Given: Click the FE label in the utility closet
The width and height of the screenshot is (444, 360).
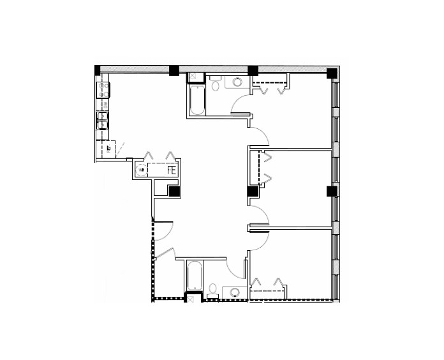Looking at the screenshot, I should pos(171,170).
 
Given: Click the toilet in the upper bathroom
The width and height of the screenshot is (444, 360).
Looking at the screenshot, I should pos(216,83).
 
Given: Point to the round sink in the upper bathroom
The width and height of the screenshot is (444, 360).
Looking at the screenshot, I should pos(237,82).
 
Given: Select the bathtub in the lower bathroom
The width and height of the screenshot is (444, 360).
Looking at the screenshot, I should pos(194,276).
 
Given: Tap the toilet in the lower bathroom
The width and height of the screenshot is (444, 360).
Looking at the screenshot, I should pos(212,292).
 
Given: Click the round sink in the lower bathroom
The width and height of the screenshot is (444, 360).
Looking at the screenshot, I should pos(235,293).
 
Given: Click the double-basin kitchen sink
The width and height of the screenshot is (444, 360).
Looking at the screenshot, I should pos(102,120).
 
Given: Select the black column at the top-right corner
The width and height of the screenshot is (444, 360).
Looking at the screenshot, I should pos(331,73).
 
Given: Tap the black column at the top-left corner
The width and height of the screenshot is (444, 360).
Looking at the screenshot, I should pos(98,70).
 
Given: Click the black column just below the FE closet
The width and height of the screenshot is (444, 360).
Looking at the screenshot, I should pos(174,190).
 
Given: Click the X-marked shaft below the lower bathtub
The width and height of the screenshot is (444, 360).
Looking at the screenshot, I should pos(190,297).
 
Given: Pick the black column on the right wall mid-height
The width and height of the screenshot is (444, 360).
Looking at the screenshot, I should pos(331,191).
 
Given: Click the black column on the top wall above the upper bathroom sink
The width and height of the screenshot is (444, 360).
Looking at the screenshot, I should pos(253,70).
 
